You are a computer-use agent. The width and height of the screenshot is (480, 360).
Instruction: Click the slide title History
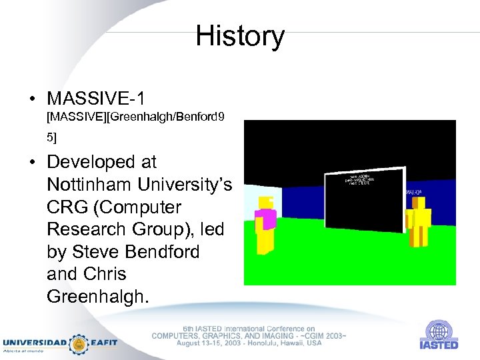[x=240, y=36]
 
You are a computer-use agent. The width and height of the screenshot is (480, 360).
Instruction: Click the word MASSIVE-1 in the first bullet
[x=95, y=99]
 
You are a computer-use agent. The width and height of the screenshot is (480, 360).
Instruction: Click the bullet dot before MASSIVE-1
[x=32, y=99]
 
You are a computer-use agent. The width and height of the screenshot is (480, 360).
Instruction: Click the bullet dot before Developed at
[x=32, y=163]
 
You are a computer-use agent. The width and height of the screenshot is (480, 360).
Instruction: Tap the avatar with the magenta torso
[x=267, y=224]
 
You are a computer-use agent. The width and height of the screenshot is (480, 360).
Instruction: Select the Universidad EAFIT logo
[x=60, y=343]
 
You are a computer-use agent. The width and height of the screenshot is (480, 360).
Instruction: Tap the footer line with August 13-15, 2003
[x=249, y=343]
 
